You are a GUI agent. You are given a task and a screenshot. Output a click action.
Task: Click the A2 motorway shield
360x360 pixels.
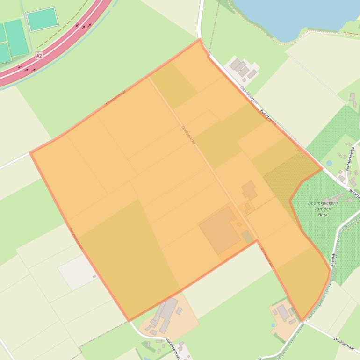[39, 55]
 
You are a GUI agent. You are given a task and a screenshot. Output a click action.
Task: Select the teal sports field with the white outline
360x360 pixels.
[42, 19]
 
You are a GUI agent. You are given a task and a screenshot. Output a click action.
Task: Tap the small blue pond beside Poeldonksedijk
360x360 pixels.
[330, 163]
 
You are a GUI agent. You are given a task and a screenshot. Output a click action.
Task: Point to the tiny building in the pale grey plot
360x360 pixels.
[94, 276]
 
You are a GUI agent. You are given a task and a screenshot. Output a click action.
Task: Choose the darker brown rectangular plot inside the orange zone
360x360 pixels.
[220, 229]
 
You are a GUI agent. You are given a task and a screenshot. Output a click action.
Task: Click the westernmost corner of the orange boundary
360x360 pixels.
[31, 153]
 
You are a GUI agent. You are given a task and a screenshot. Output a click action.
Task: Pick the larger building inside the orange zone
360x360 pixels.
[249, 191]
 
